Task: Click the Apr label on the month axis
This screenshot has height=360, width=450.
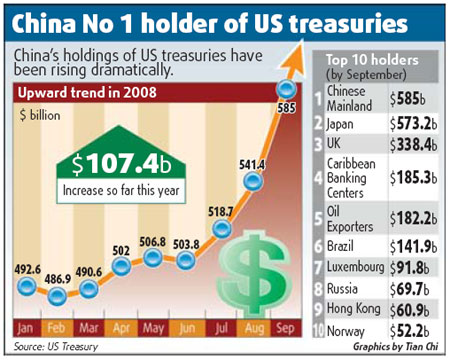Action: [x=121, y=328]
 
